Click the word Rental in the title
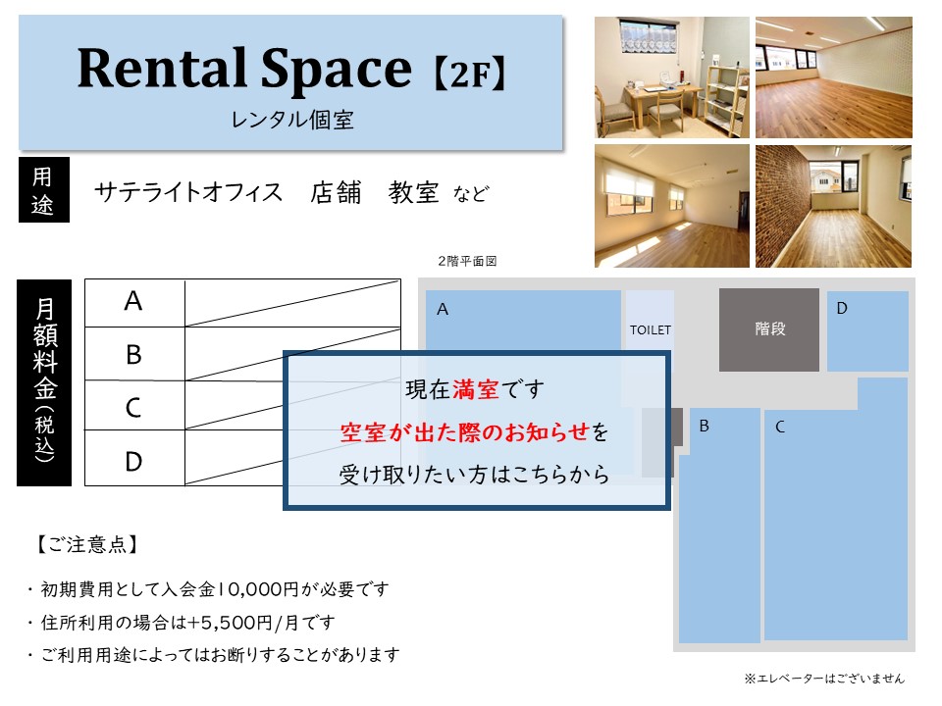click(162, 68)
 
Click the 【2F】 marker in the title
click(470, 73)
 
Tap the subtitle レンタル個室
click(292, 120)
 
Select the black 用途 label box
click(44, 189)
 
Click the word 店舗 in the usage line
click(336, 193)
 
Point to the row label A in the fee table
click(133, 301)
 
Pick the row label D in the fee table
click(133, 462)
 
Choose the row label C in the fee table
click(133, 408)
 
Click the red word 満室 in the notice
click(475, 389)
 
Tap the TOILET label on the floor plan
click(650, 330)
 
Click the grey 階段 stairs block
click(769, 329)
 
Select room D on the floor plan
click(867, 331)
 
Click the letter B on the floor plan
click(705, 427)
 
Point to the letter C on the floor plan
click(780, 427)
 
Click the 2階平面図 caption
click(467, 261)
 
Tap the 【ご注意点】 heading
click(87, 544)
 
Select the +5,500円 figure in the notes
click(230, 623)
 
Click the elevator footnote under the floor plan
click(824, 679)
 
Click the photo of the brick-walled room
click(833, 206)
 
